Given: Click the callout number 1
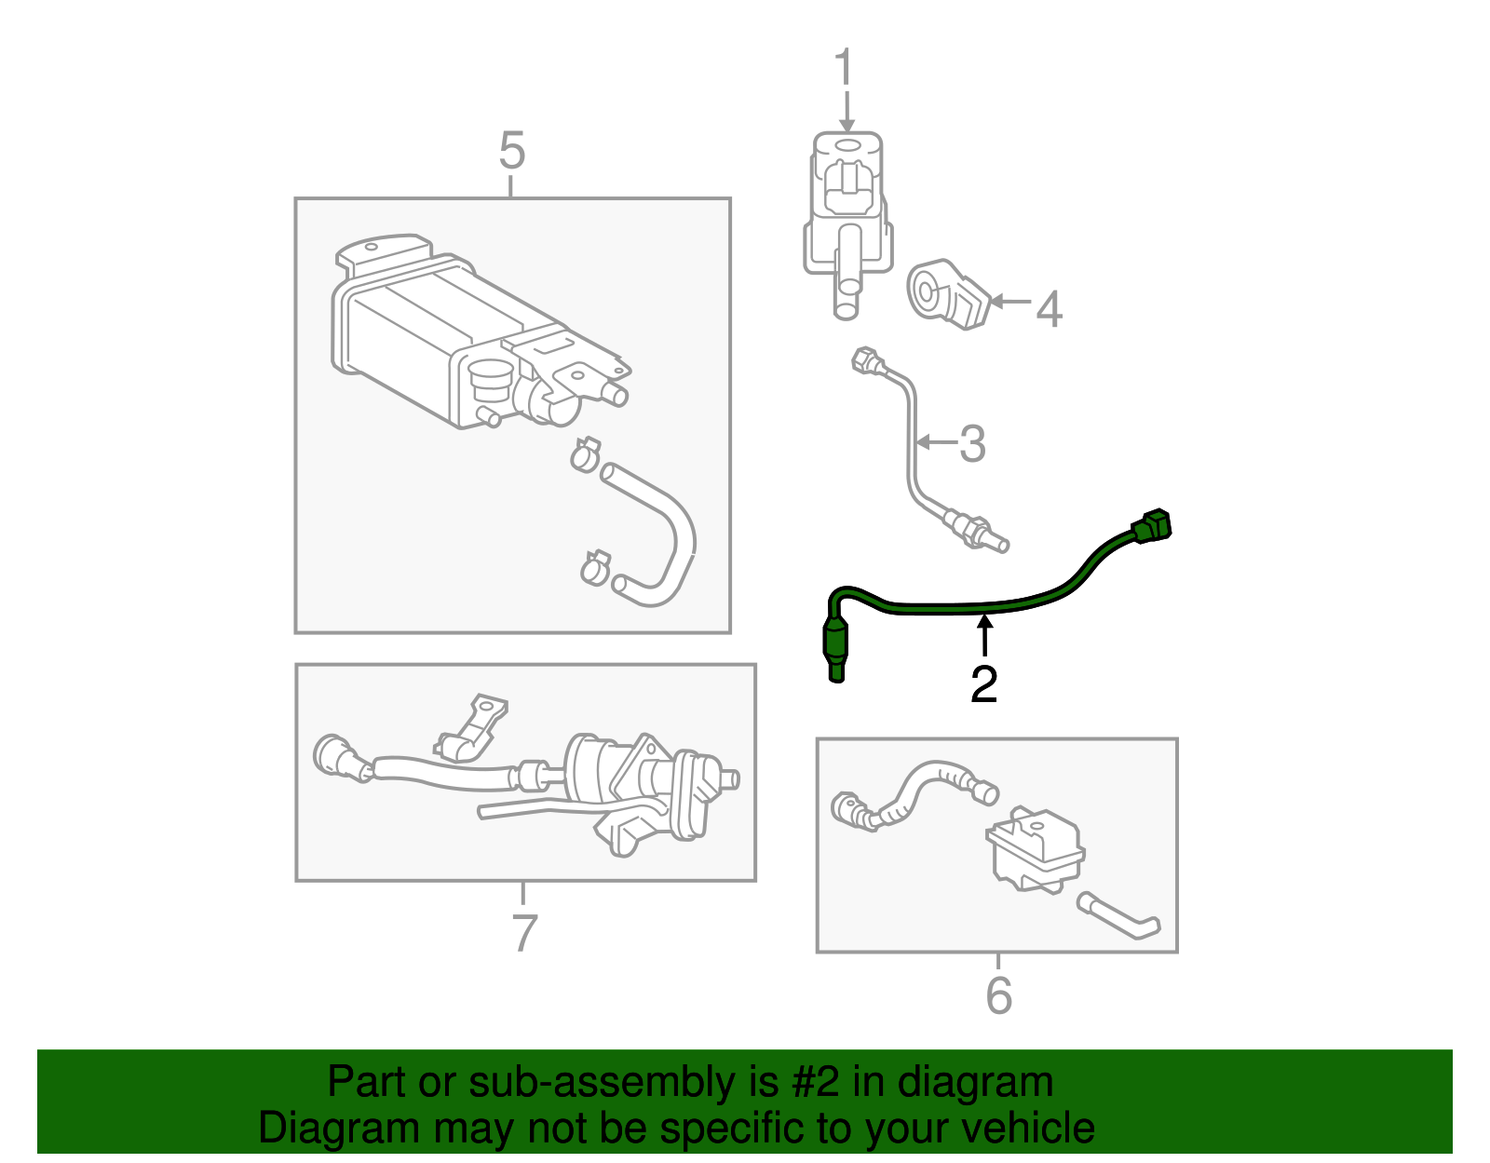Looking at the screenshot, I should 843,69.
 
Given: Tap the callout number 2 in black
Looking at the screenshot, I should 983,684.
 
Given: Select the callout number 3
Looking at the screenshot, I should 972,444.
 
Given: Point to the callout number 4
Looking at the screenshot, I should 1049,308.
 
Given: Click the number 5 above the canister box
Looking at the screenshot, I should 511,150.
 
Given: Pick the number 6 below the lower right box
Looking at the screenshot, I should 998,995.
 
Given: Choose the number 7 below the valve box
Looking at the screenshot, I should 524,932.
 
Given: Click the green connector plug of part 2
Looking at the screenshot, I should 1153,526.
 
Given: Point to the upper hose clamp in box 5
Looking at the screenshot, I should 585,454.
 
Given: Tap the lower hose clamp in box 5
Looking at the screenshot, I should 594,566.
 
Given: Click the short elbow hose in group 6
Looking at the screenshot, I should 1118,916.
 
